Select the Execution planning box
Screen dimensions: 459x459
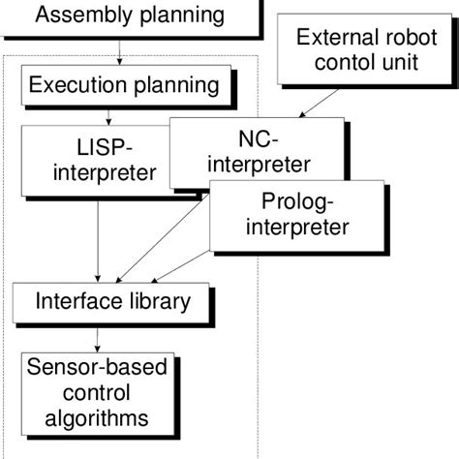(x=123, y=85)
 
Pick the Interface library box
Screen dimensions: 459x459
(x=113, y=300)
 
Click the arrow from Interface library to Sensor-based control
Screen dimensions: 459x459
(x=97, y=334)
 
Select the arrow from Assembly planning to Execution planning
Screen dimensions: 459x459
(x=118, y=50)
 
